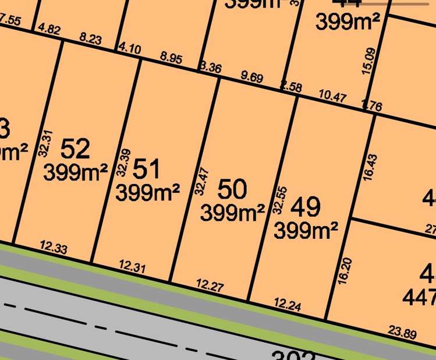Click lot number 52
tap(76, 149)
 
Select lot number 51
tap(146, 169)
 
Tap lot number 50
tap(232, 189)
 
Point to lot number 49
tap(305, 207)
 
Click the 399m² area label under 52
tap(75, 172)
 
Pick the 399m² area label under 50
tap(232, 213)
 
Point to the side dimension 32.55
tap(279, 200)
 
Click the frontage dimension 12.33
tap(54, 248)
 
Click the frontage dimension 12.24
tap(288, 303)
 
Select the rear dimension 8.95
tap(171, 58)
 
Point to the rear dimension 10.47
tap(333, 96)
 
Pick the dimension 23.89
tap(403, 333)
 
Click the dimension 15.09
tap(369, 61)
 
